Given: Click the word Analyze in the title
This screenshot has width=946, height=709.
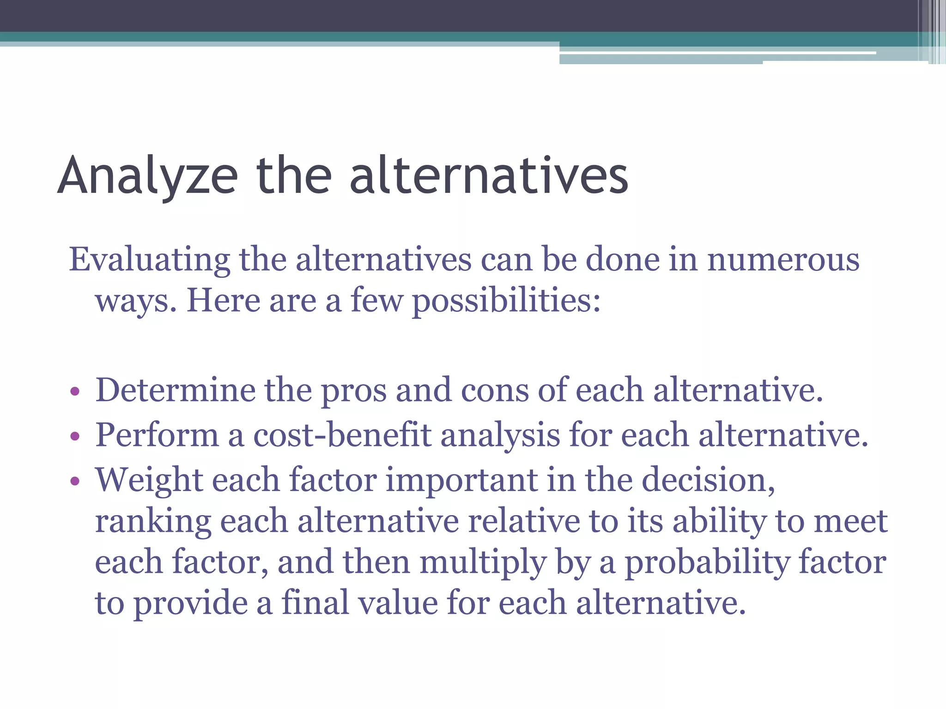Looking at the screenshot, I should (x=148, y=176).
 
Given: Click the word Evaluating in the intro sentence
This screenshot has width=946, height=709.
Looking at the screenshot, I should (x=149, y=259).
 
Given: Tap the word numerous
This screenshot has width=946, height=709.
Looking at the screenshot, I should (x=783, y=259).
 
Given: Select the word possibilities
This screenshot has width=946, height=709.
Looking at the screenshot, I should (x=506, y=301).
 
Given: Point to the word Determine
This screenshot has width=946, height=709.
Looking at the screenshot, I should (x=175, y=391).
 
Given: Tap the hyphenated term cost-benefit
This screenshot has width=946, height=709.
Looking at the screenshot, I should (x=342, y=435).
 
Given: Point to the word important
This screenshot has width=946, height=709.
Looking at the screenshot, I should (x=461, y=481).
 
